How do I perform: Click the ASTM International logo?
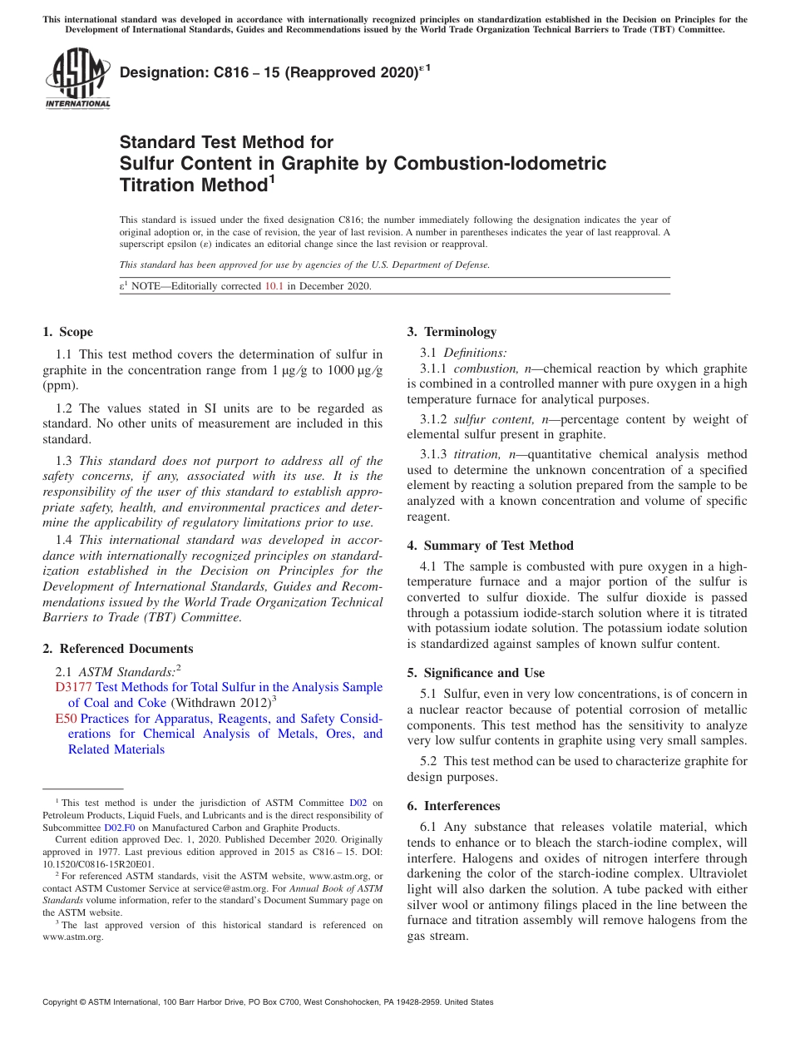pos(77,79)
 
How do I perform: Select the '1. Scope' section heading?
pos(67,332)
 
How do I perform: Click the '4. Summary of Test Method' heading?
pos(490,546)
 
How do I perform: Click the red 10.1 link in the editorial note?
pos(274,286)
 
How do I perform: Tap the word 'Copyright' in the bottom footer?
pos(61,1002)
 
